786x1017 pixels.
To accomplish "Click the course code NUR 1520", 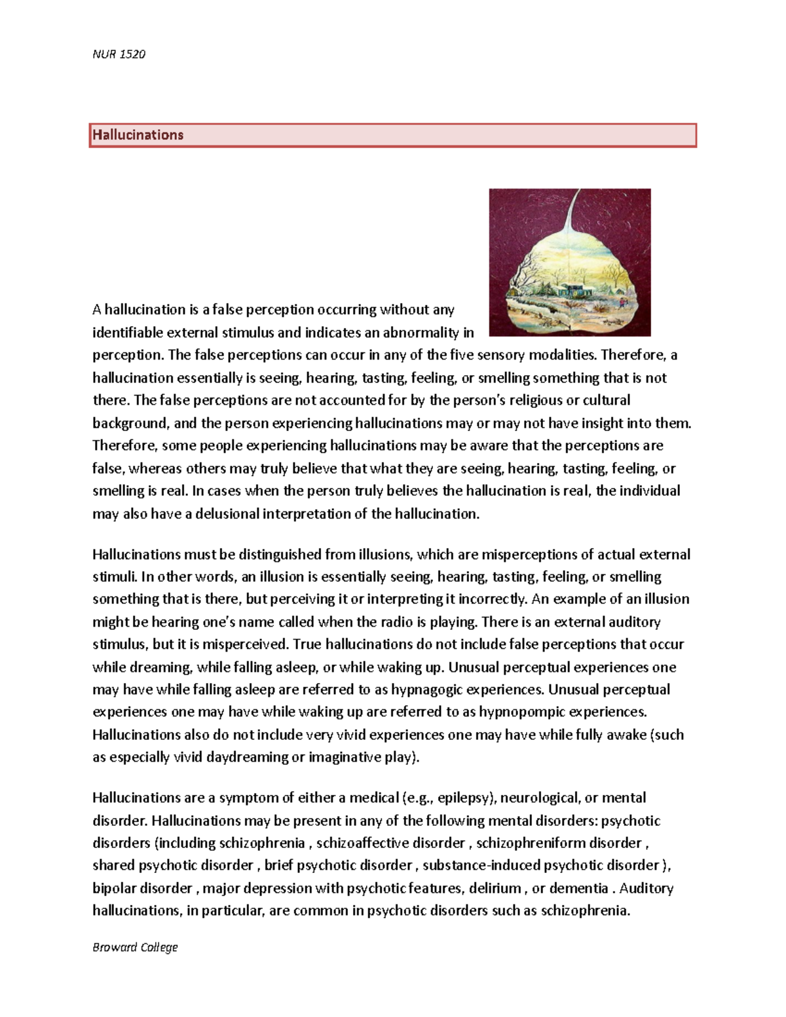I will [119, 54].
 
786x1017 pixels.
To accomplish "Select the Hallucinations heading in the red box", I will [138, 135].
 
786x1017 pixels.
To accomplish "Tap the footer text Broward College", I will [135, 947].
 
